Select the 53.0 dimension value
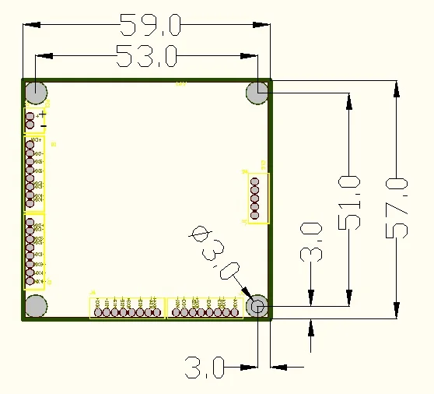[x=146, y=56]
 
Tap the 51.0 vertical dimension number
[x=350, y=202]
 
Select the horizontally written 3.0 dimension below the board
[x=205, y=365]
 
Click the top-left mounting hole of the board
[x=36, y=93]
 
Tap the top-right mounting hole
[x=257, y=93]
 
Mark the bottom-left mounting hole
[x=36, y=306]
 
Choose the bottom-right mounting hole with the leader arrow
[x=257, y=306]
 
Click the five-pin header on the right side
[x=255, y=199]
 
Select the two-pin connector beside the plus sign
[x=30, y=120]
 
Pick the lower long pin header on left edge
[x=30, y=250]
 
